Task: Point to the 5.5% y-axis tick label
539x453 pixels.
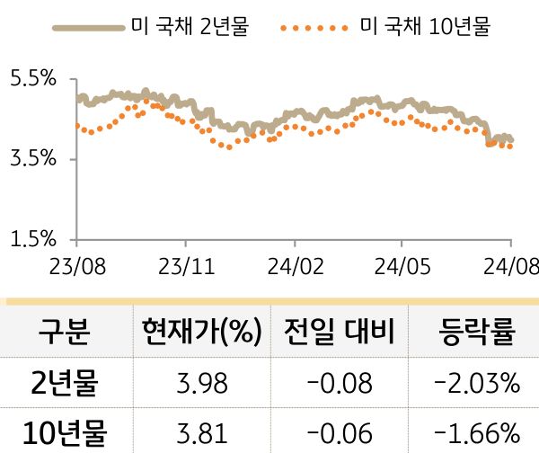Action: (x=32, y=79)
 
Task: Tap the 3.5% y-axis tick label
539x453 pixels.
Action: (x=32, y=159)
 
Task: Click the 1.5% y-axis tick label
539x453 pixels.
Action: (x=32, y=239)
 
